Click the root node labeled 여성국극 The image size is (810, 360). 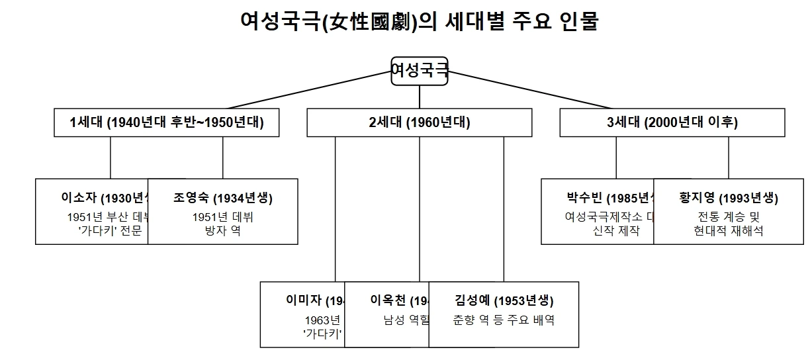click(x=420, y=70)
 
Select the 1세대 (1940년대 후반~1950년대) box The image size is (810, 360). click(x=166, y=122)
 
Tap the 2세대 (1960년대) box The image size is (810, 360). click(x=420, y=122)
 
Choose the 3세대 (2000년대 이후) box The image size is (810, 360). click(x=672, y=122)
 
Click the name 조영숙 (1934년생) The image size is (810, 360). click(x=223, y=198)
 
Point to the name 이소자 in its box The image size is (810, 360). click(x=79, y=197)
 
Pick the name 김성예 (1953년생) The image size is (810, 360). click(x=504, y=300)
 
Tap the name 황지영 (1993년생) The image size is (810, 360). click(x=729, y=198)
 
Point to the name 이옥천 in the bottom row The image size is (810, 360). click(x=387, y=300)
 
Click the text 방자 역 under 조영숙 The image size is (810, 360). click(x=223, y=231)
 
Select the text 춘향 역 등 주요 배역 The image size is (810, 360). click(x=504, y=320)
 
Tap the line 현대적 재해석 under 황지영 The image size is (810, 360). click(x=729, y=231)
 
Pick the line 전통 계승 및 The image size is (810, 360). click(x=729, y=217)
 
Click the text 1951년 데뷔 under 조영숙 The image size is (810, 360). click(x=223, y=217)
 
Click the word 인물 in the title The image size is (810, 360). click(x=580, y=22)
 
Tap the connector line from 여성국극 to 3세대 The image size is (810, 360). click(x=529, y=89)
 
